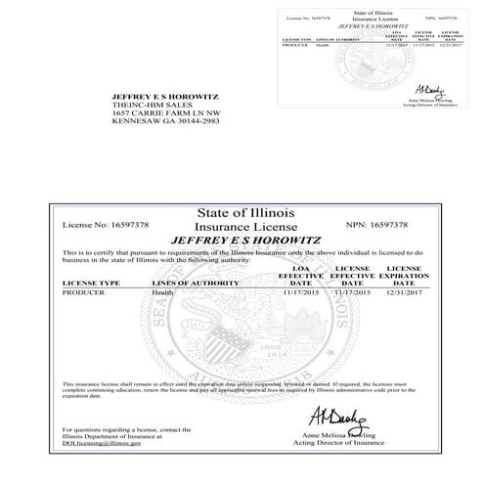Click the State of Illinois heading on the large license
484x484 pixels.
tap(240, 212)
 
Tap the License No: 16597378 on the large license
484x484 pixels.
tap(106, 225)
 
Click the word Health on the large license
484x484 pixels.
tap(164, 292)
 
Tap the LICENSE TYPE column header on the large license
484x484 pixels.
tap(91, 283)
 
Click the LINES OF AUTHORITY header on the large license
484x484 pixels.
tap(196, 283)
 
